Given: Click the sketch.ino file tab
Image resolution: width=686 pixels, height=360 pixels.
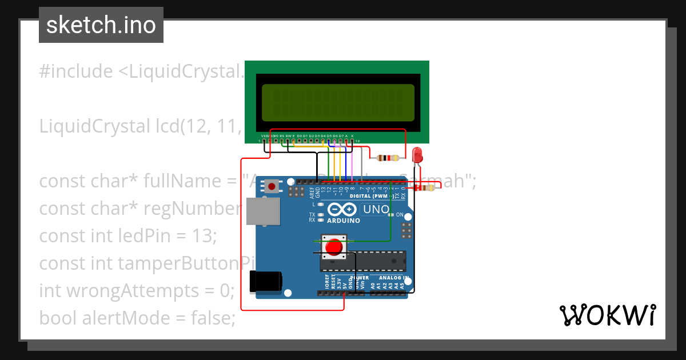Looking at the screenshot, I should tap(101, 25).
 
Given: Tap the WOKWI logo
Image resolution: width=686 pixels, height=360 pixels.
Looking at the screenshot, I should tap(607, 315).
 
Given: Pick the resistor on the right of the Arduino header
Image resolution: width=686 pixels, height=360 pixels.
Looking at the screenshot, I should tap(426, 187).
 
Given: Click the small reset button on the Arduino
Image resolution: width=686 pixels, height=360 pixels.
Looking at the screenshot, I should tap(272, 186).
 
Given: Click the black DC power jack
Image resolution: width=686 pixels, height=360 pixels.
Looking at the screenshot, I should tap(266, 282).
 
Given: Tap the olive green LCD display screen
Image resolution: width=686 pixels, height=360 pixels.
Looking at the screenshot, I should tap(338, 102).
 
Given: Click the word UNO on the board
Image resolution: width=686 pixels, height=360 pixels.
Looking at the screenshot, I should tap(376, 209).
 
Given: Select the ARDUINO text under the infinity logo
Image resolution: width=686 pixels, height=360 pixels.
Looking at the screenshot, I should tap(343, 221).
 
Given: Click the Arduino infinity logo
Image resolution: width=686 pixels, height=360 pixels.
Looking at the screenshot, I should tap(343, 210).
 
